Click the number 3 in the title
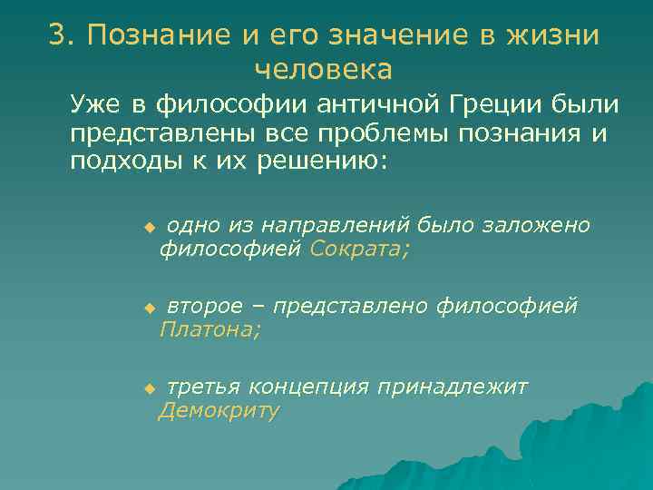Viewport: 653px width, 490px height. coord(58,35)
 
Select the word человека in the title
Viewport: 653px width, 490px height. coord(324,69)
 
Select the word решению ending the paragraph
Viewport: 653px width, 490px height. coord(324,161)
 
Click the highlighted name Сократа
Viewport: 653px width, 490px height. coord(359,249)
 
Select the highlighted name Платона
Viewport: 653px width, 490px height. coord(210,330)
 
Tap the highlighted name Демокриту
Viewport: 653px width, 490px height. coord(219,411)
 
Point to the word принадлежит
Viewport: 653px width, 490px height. coord(453,388)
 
